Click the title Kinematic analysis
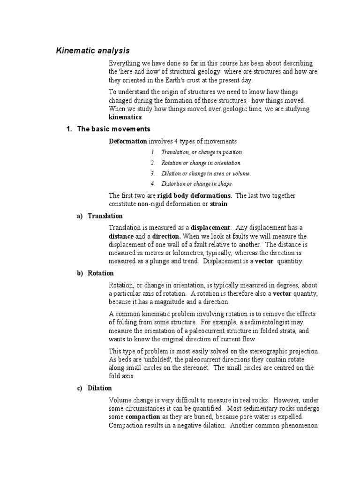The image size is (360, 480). pos(93,50)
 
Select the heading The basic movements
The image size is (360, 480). pos(113,129)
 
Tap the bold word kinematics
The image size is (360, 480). pos(124,117)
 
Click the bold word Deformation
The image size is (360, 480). pos(128,141)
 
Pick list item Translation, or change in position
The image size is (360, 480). pos(202,152)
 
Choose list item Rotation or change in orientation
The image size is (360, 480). pos(201,163)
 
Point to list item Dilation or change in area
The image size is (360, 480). pos(205,173)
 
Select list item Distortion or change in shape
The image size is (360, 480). pos(196,184)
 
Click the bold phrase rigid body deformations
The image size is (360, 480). pos(200,195)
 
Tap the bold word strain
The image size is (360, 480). pos(218,204)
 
